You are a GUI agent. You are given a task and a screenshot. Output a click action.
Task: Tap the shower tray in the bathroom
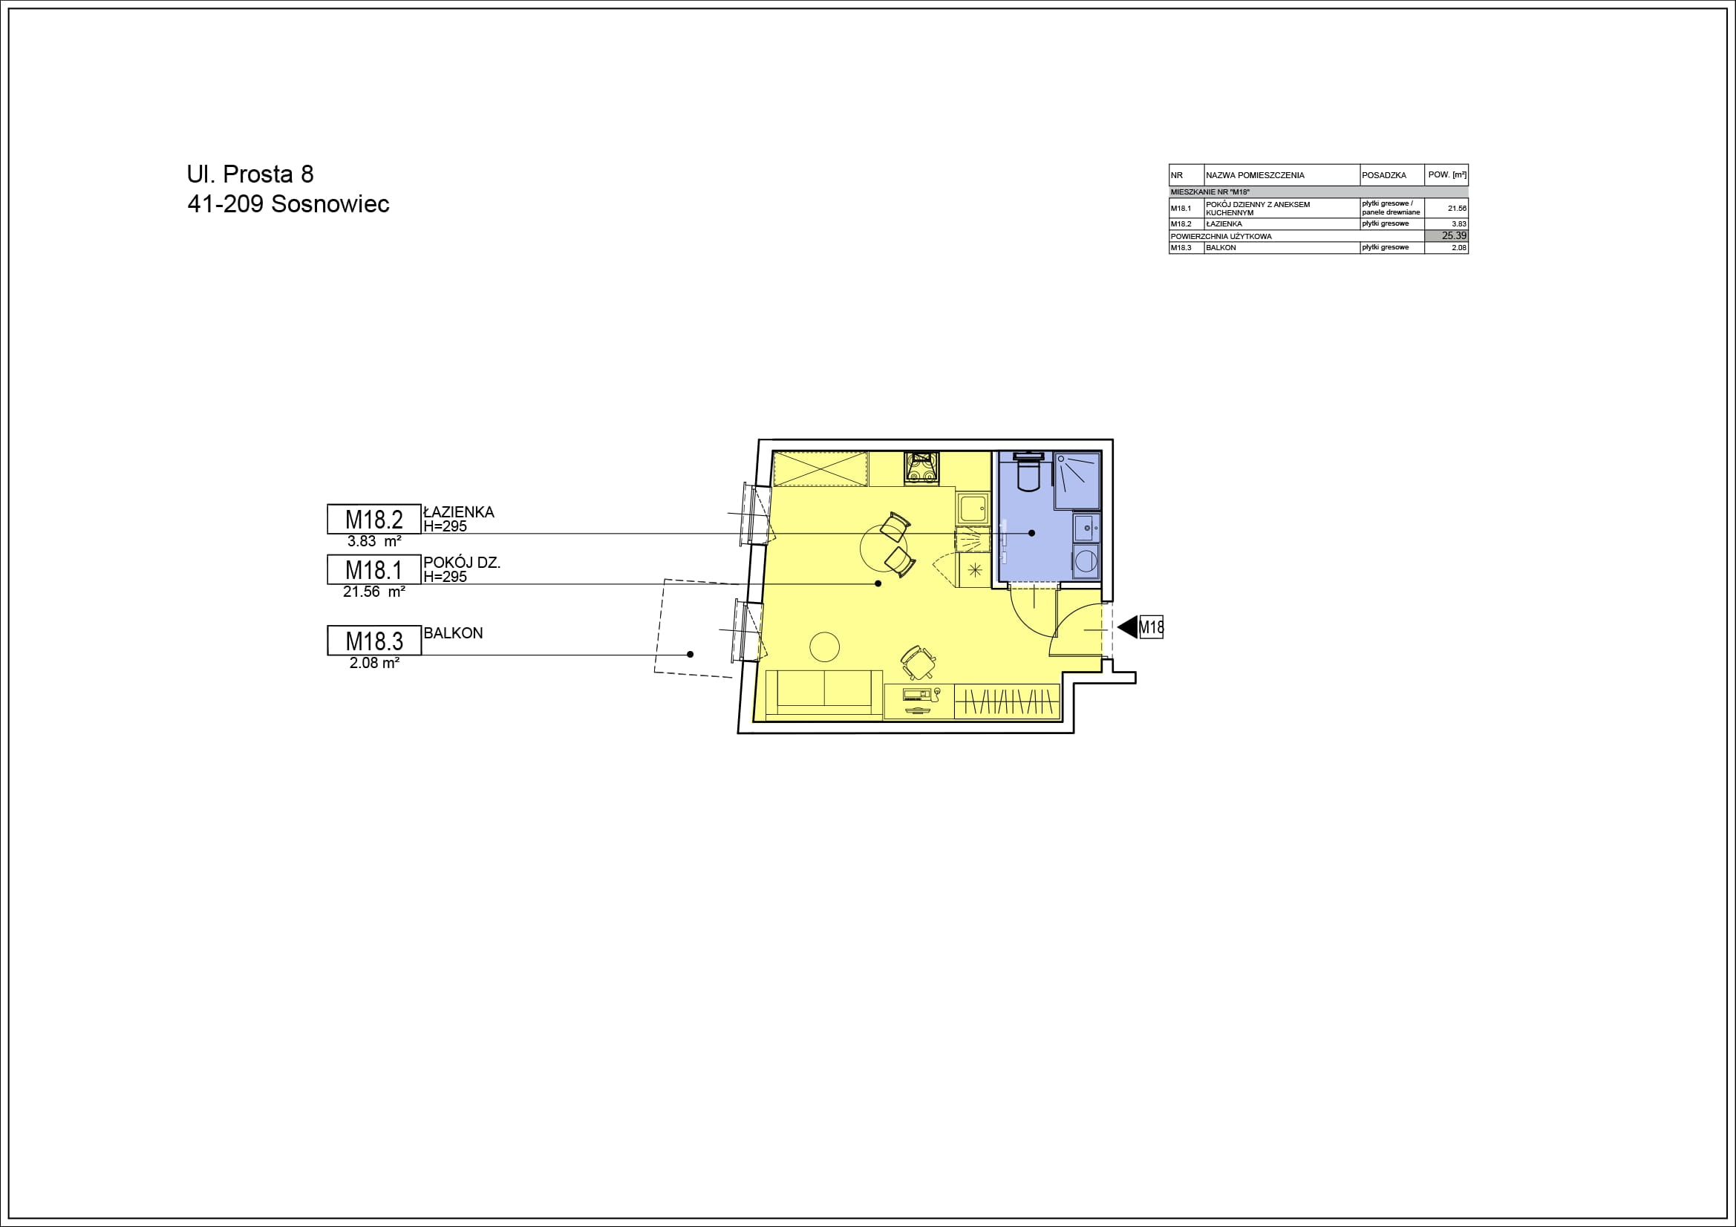pyautogui.click(x=1077, y=480)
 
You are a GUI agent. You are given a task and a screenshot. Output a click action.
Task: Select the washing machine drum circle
pyautogui.click(x=1086, y=561)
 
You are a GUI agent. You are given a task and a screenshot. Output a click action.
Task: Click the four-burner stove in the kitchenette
pyautogui.click(x=921, y=466)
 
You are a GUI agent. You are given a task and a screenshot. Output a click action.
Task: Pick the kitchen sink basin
pyautogui.click(x=973, y=508)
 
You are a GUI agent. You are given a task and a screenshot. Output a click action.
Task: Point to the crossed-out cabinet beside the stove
pyautogui.click(x=820, y=468)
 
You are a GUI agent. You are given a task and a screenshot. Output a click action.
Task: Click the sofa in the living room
pyautogui.click(x=824, y=693)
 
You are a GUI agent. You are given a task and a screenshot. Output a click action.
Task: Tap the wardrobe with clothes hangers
pyautogui.click(x=1007, y=701)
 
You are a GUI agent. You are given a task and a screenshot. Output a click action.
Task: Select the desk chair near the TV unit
pyautogui.click(x=918, y=663)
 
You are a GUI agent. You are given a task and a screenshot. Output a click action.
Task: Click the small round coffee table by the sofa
pyautogui.click(x=824, y=647)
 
